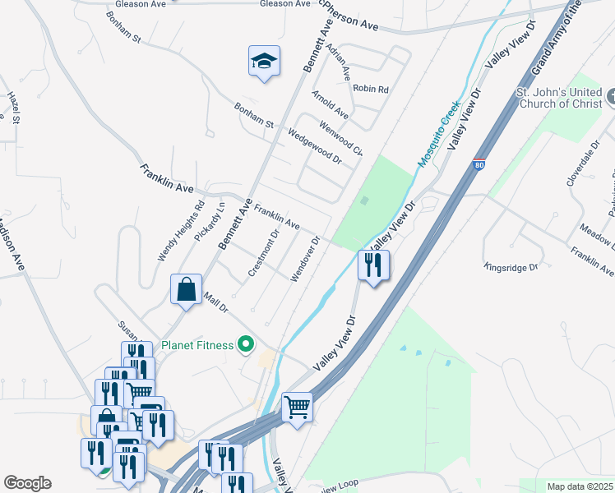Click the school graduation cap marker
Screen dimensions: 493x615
point(263,62)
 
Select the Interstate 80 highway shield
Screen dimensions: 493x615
point(479,164)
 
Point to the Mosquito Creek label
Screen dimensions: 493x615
point(437,131)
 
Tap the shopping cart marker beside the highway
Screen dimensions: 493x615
point(297,407)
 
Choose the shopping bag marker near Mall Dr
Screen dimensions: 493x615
point(187,290)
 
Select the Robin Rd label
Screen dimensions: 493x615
point(370,89)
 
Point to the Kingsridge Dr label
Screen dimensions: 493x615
point(510,267)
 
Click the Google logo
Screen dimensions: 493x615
point(27,483)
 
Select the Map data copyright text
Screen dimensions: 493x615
point(580,486)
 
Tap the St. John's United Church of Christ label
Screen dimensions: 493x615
point(559,98)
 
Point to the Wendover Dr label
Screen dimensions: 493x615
point(303,259)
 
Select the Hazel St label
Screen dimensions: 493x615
point(13,108)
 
